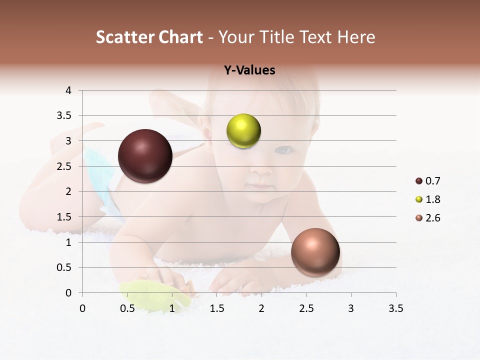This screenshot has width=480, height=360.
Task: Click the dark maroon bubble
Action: coord(145,156)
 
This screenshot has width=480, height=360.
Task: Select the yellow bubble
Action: coord(243,131)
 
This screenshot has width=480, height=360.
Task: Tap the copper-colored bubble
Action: coord(315,252)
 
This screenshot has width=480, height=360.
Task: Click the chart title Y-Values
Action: coord(249,70)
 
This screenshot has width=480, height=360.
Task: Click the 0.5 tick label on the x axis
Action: coord(127,308)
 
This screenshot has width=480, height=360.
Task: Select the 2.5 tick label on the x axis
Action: coord(306,308)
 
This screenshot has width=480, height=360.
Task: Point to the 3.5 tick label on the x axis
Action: coord(395,308)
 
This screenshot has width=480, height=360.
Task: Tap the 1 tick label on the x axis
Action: coord(172,308)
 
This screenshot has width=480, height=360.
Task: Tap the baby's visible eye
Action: coord(283,149)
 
